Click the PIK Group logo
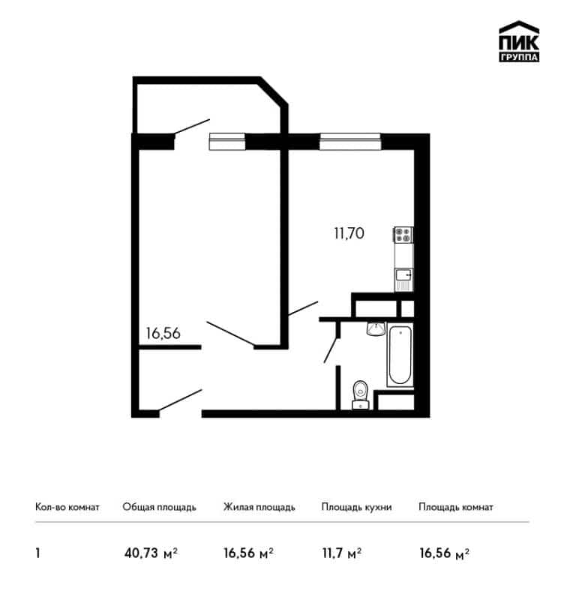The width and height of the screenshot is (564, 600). (x=519, y=41)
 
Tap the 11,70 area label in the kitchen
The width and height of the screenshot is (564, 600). (x=349, y=233)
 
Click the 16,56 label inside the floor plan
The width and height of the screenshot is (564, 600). (x=163, y=333)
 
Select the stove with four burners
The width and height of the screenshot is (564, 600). (x=403, y=235)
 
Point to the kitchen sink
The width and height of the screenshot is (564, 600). (x=403, y=279)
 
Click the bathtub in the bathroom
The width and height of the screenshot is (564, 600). (x=400, y=355)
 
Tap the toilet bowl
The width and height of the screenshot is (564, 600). (x=360, y=394)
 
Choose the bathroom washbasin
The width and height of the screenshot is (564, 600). (x=376, y=328)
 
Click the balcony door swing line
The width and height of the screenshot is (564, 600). (x=192, y=127)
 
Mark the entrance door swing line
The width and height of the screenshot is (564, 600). (x=180, y=400)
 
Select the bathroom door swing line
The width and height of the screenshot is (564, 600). (x=331, y=349)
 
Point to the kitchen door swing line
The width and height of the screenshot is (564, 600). (x=303, y=308)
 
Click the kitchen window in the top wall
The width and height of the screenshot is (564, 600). (x=350, y=142)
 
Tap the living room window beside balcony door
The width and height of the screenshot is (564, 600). (x=227, y=142)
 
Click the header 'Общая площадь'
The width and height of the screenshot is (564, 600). (x=159, y=508)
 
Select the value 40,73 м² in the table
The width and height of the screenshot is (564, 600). (x=151, y=553)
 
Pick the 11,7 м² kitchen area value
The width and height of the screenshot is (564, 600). (x=342, y=553)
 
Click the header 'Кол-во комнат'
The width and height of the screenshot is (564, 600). (x=67, y=507)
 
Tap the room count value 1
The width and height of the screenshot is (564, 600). (x=37, y=553)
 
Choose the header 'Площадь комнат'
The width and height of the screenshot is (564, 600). (x=456, y=508)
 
